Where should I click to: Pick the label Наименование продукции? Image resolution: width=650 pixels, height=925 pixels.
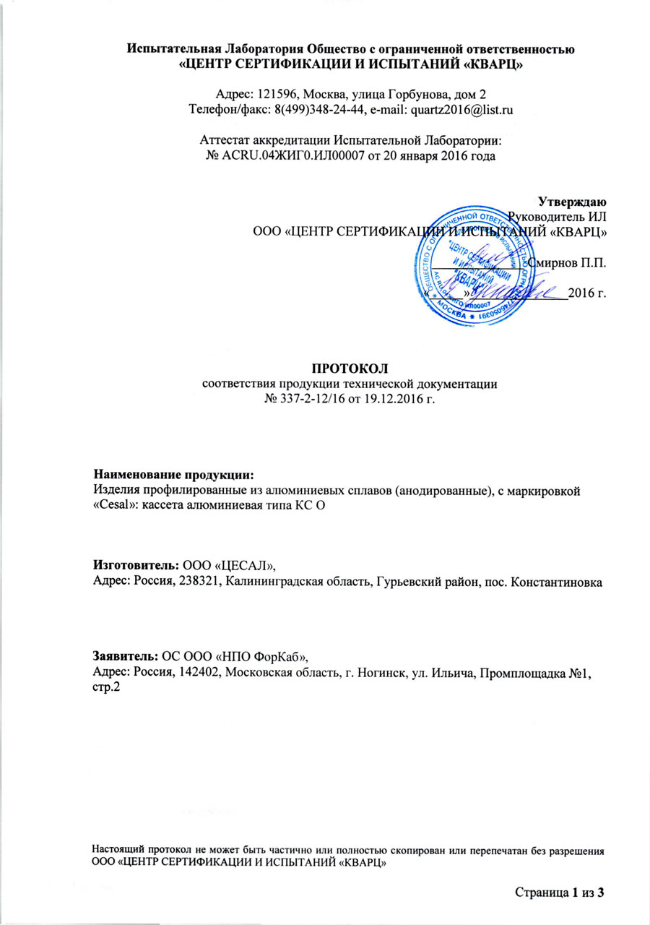pos(174,475)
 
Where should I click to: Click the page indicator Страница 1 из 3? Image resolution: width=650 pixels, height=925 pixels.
pos(559,894)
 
